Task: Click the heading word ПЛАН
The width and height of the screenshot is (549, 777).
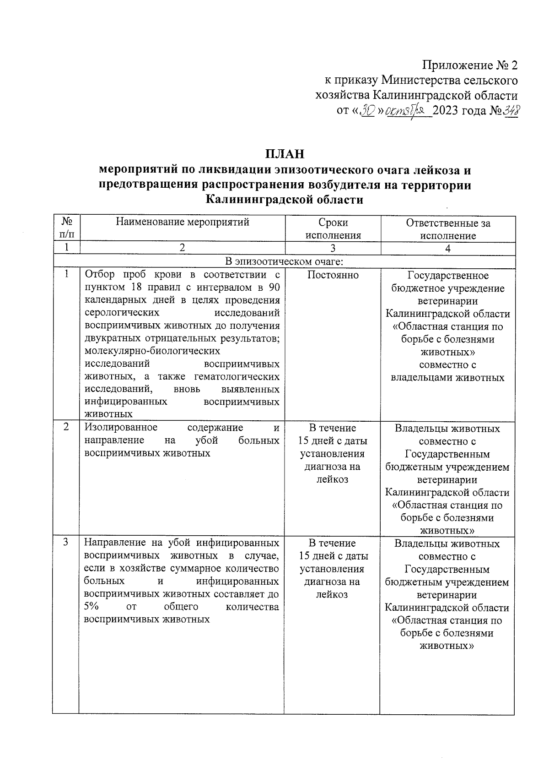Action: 285,153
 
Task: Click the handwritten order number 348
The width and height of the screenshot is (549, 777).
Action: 510,111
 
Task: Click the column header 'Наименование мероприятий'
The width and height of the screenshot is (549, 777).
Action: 182,223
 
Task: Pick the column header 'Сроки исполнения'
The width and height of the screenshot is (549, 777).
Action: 333,229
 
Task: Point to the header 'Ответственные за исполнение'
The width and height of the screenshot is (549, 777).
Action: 448,229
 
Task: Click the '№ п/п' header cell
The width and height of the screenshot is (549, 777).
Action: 66,228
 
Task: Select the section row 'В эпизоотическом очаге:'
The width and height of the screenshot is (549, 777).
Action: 285,261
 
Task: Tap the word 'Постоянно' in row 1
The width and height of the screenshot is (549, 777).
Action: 333,275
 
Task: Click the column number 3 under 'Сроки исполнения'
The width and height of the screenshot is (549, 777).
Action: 333,249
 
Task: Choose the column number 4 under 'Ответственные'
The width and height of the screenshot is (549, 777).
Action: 448,249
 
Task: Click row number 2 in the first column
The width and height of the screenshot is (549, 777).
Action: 66,427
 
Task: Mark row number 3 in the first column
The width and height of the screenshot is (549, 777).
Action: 66,542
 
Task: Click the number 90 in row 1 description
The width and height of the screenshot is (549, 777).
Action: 273,288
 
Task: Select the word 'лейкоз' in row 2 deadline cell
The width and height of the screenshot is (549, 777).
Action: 332,479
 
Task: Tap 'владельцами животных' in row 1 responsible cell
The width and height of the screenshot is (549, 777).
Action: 447,378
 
